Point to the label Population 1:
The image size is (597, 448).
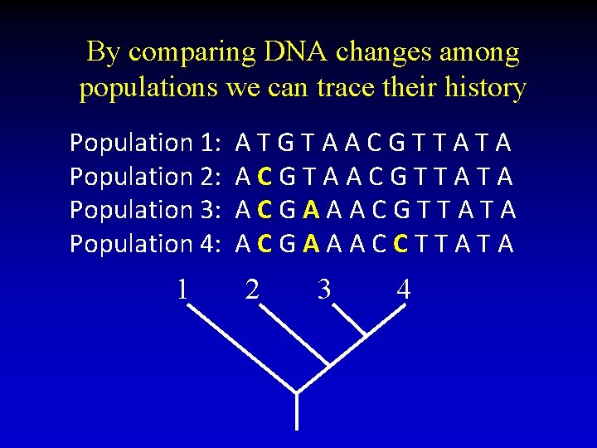[143, 143]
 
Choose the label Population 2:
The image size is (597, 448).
[143, 176]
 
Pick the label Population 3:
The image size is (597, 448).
[143, 210]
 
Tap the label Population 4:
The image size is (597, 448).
[143, 243]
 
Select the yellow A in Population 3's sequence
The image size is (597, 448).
[311, 210]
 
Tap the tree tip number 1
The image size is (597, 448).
[182, 289]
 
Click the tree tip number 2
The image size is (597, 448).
[252, 289]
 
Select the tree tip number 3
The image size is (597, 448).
[324, 289]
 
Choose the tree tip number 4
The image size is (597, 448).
[404, 289]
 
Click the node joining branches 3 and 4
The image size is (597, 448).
[366, 334]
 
